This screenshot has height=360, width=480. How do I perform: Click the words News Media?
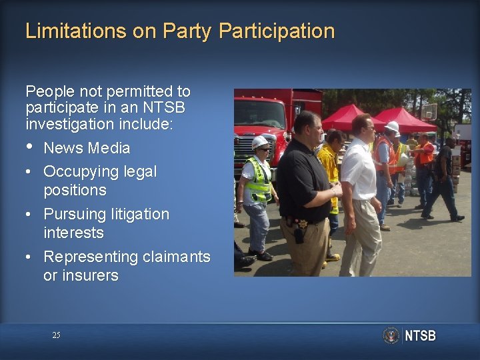87,148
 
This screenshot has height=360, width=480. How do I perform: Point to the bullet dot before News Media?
29,147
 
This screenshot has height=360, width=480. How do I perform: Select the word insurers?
81,275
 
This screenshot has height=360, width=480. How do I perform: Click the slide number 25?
56,335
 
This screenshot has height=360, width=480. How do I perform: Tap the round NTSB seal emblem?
391,335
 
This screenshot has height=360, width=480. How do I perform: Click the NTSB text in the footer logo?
420,335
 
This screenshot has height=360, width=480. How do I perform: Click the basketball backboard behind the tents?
429,111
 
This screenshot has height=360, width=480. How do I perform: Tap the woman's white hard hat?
260,142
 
